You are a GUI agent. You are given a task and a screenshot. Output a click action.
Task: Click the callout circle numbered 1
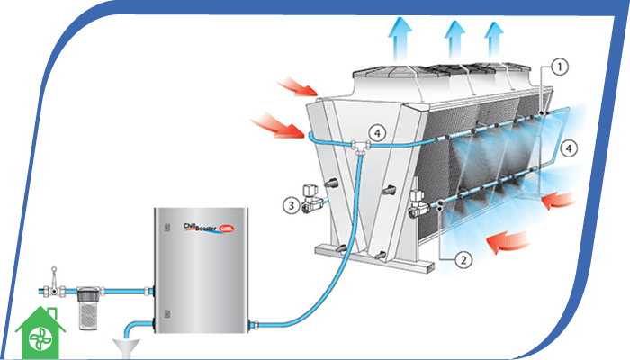click(x=559, y=66)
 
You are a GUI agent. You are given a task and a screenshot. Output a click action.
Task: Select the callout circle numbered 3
click(x=290, y=205)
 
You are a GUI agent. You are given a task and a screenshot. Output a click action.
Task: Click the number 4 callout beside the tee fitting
click(x=382, y=133)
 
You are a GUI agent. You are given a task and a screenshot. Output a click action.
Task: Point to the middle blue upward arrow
click(x=453, y=39)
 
